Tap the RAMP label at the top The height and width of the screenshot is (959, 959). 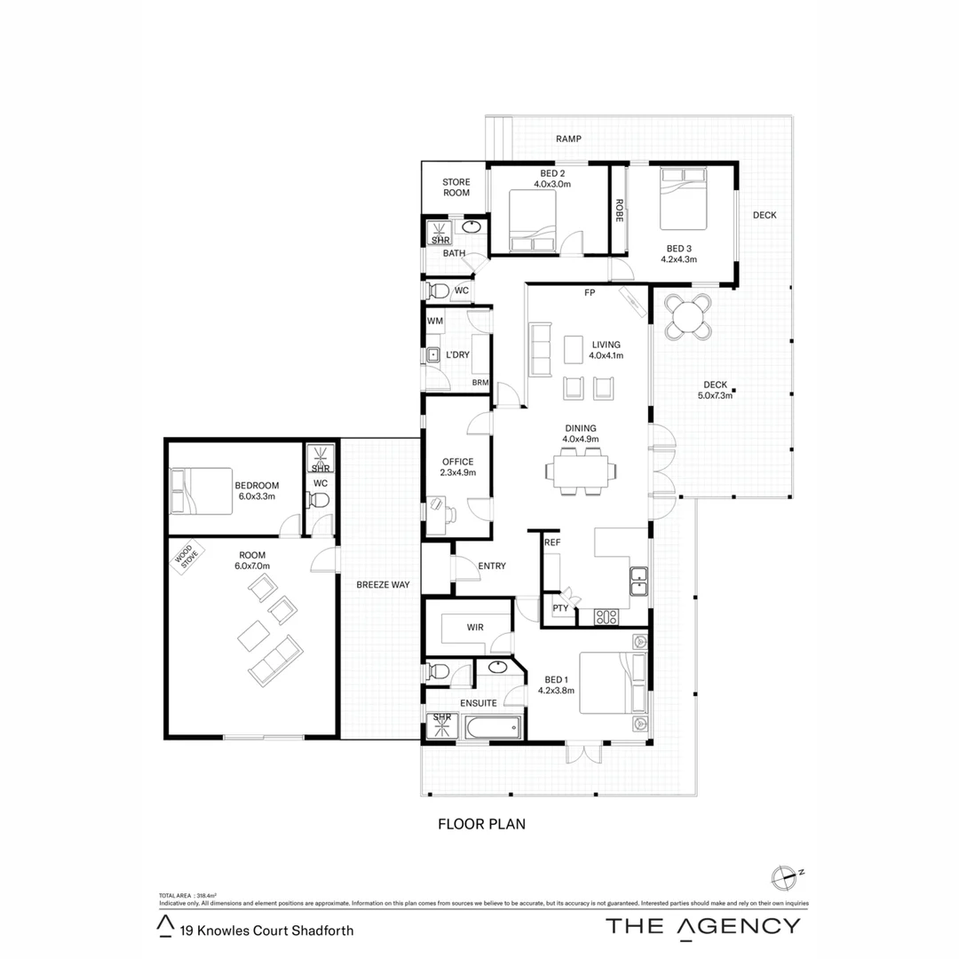click(x=568, y=139)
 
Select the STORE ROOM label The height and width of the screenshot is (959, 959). click(x=456, y=187)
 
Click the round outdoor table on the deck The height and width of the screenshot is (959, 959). click(x=689, y=316)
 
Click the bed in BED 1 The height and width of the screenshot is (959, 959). click(x=612, y=683)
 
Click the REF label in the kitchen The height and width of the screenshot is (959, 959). click(x=552, y=542)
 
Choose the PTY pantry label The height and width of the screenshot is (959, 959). click(x=559, y=608)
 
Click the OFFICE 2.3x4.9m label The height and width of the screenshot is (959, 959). click(x=457, y=467)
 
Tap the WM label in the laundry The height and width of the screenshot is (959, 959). click(x=435, y=321)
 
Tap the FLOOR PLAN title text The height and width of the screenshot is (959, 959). click(x=481, y=824)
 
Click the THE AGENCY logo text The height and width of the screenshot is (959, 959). click(x=702, y=925)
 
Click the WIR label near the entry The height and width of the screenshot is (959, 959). click(x=475, y=628)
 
